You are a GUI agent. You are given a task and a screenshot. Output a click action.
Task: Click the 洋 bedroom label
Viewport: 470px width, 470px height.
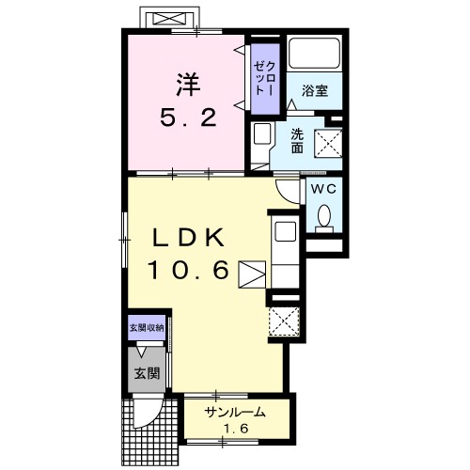click(188, 85)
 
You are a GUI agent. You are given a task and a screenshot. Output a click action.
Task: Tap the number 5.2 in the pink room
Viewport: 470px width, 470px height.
click(188, 117)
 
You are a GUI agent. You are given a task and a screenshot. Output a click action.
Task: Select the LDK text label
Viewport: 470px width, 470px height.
click(189, 237)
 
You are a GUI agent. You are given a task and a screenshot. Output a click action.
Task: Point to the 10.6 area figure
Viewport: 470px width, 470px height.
click(188, 270)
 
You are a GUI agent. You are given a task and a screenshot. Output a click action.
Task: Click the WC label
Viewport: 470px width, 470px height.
click(323, 189)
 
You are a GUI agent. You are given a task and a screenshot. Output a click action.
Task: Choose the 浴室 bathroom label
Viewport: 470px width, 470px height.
click(315, 90)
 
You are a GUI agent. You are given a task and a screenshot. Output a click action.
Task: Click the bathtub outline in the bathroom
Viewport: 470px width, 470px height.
click(314, 53)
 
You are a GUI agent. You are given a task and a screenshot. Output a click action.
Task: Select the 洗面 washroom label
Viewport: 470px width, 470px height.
click(297, 141)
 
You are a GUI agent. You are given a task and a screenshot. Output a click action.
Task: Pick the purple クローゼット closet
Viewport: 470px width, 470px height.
click(265, 79)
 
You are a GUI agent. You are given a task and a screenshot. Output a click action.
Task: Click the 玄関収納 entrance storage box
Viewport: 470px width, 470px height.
click(147, 328)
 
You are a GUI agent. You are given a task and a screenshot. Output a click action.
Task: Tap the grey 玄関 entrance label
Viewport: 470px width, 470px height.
click(147, 373)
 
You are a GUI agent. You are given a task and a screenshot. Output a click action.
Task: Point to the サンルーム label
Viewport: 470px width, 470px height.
click(235, 413)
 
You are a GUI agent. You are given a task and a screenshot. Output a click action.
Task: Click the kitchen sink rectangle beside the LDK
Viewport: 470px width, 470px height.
click(285, 231)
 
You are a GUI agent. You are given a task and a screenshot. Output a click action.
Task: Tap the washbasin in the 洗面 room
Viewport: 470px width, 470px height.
click(261, 133)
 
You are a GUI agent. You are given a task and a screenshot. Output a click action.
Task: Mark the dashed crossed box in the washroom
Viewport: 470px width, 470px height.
click(328, 143)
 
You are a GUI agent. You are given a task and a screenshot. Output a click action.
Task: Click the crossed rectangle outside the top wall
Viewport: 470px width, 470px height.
click(168, 19)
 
